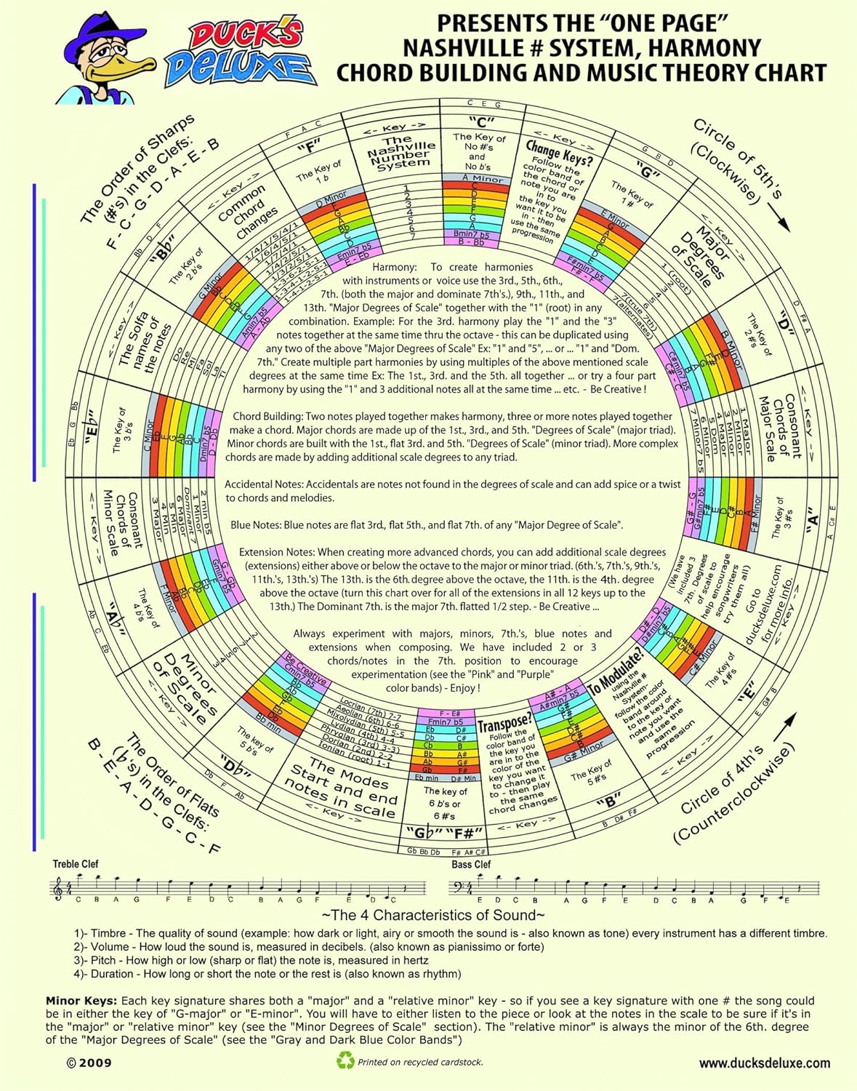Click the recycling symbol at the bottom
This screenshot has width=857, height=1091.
point(345,1061)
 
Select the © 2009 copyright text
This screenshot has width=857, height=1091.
point(89,1063)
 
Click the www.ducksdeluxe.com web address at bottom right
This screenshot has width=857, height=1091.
point(764,1063)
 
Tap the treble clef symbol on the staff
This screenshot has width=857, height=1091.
point(57,889)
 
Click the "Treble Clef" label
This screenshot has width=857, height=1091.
point(75,864)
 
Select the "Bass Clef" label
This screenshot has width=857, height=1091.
point(471,864)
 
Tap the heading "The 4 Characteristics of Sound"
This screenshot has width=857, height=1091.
point(433,915)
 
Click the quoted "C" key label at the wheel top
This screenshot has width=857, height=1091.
point(481,121)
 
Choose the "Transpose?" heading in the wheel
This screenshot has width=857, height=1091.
point(504,724)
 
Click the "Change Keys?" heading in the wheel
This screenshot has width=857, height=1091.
point(559,151)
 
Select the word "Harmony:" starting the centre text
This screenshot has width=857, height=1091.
point(394,267)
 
